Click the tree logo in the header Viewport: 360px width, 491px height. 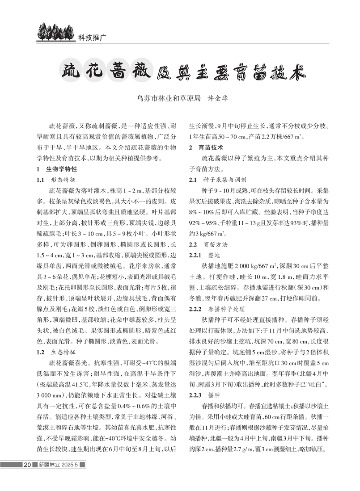click(50, 32)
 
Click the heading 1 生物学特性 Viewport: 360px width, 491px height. click(56, 170)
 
